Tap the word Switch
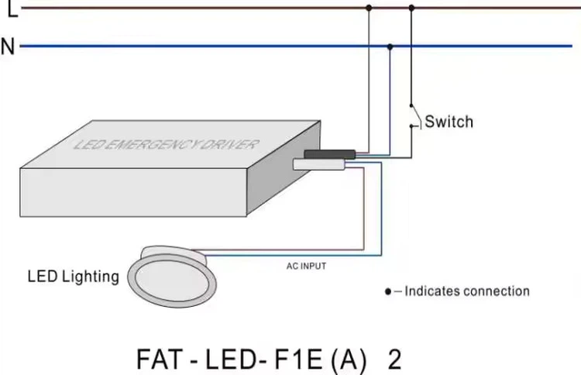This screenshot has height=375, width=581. (x=449, y=122)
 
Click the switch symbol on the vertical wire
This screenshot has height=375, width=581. (x=414, y=116)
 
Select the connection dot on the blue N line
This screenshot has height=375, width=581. (x=390, y=46)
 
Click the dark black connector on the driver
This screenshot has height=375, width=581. (x=329, y=154)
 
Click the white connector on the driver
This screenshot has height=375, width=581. (x=318, y=164)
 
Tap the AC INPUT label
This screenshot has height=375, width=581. (x=307, y=266)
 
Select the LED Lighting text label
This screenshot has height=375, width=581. (x=74, y=276)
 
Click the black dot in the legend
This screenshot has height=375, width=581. (x=388, y=292)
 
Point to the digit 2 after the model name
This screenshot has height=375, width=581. (x=395, y=360)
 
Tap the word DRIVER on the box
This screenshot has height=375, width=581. (x=232, y=141)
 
